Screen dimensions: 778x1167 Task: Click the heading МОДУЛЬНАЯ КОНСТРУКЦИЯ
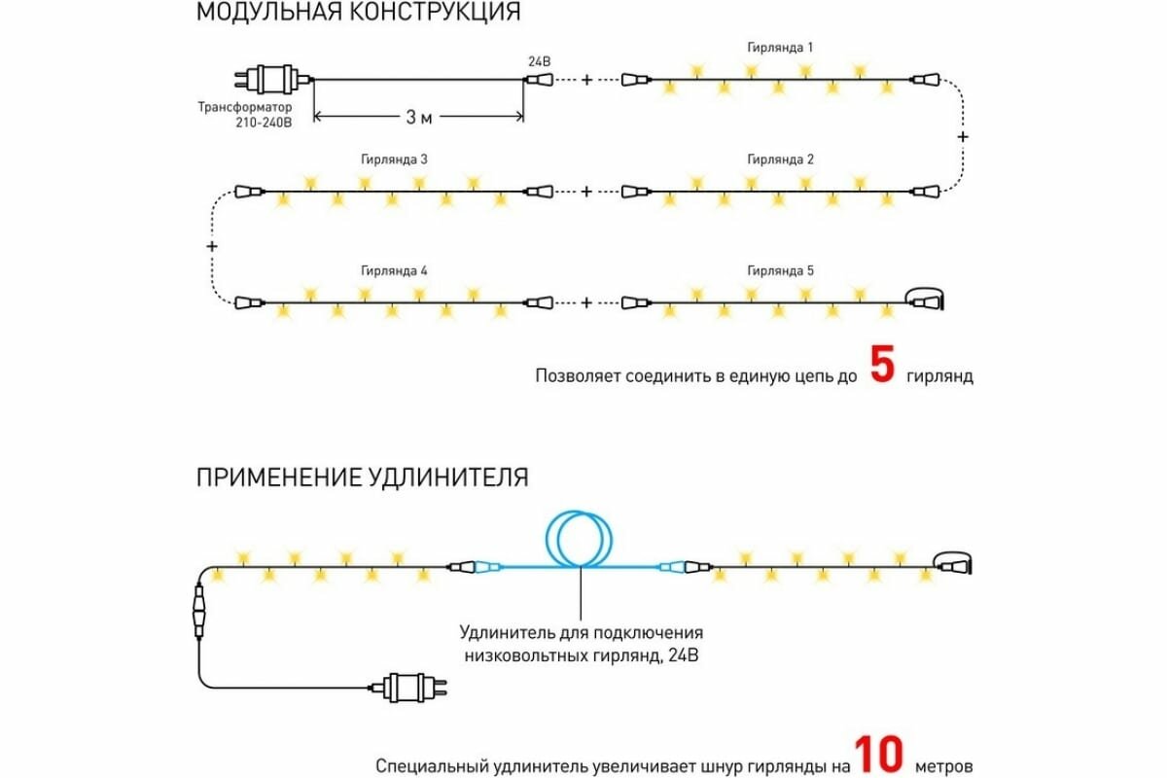coord(358,13)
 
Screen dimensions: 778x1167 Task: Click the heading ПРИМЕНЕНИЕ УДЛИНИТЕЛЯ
coord(363,477)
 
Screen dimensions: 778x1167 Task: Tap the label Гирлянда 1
coord(780,47)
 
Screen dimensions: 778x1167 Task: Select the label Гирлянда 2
coord(780,159)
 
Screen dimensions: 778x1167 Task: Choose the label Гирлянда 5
coord(780,270)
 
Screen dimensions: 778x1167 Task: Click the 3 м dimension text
coord(419,118)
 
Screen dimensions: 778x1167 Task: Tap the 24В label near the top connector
coord(539,61)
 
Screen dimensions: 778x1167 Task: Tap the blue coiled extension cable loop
coord(580,538)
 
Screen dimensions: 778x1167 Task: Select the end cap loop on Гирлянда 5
coord(928,298)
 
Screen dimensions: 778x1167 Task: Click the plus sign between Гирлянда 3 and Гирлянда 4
coord(212,247)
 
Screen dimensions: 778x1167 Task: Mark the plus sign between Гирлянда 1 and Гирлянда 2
coord(963,137)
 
